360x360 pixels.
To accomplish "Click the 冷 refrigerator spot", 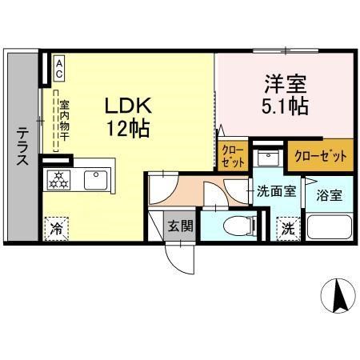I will (x=58, y=228).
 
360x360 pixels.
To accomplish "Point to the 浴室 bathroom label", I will (x=329, y=194).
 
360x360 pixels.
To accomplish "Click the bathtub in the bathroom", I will (x=329, y=228).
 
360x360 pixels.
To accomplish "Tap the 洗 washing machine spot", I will (x=286, y=227).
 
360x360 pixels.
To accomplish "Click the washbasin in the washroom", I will (x=269, y=158).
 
